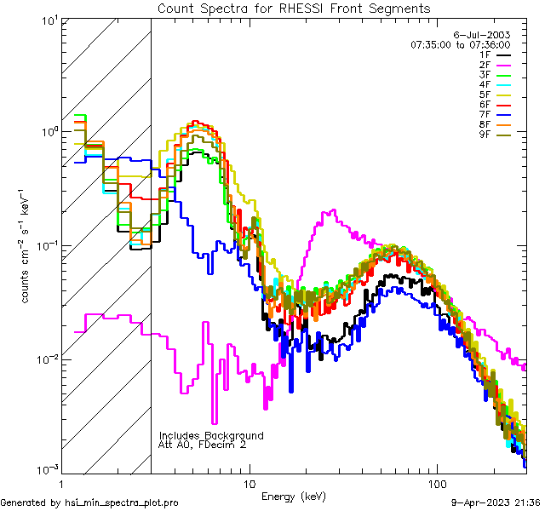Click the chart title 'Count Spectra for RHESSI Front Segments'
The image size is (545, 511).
click(x=294, y=9)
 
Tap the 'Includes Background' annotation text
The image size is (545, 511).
click(x=211, y=435)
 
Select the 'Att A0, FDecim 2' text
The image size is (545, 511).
click(x=203, y=445)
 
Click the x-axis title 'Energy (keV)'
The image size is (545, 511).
click(x=293, y=497)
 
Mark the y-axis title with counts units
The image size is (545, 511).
click(x=26, y=244)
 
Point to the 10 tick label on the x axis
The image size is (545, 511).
click(x=249, y=484)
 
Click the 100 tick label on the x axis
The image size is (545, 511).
click(x=437, y=484)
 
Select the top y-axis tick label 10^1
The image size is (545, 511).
click(x=47, y=19)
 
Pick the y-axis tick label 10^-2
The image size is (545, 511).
click(x=45, y=359)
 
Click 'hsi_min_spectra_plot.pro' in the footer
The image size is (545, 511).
click(x=122, y=503)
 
